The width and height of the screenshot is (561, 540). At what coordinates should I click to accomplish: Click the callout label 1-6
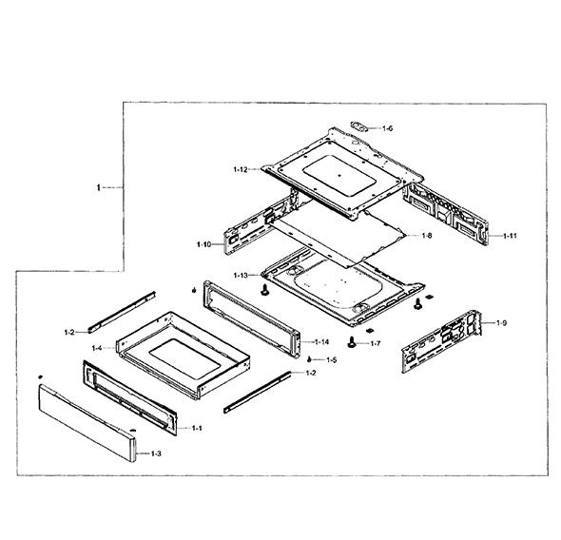[x=387, y=128]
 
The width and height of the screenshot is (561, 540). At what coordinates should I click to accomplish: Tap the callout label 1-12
[x=241, y=169]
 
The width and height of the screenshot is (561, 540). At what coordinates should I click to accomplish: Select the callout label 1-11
[x=510, y=236]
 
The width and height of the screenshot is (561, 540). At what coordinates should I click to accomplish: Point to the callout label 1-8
[x=427, y=236]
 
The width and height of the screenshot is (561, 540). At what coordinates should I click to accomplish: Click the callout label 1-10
[x=203, y=244]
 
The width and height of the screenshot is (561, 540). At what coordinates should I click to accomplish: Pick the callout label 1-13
[x=241, y=276]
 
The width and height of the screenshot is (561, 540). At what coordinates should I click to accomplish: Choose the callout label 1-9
[x=501, y=323]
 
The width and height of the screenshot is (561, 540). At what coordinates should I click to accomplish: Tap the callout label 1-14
[x=321, y=342]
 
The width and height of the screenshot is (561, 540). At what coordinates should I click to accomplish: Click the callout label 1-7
[x=376, y=344]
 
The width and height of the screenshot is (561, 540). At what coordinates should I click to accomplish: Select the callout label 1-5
[x=331, y=360]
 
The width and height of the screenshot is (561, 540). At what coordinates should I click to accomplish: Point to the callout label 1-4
[x=97, y=348]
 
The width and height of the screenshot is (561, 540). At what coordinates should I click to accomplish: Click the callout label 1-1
[x=197, y=428]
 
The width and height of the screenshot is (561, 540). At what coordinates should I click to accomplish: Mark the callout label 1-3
[x=156, y=453]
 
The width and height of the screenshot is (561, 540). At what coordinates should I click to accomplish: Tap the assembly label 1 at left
[x=99, y=187]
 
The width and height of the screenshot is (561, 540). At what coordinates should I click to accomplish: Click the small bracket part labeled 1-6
[x=360, y=126]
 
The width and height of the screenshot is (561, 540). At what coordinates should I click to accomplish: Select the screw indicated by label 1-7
[x=352, y=341]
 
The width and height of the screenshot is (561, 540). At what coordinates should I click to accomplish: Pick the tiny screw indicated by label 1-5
[x=309, y=359]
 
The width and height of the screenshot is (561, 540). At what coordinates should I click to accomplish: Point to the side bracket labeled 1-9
[x=441, y=341]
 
